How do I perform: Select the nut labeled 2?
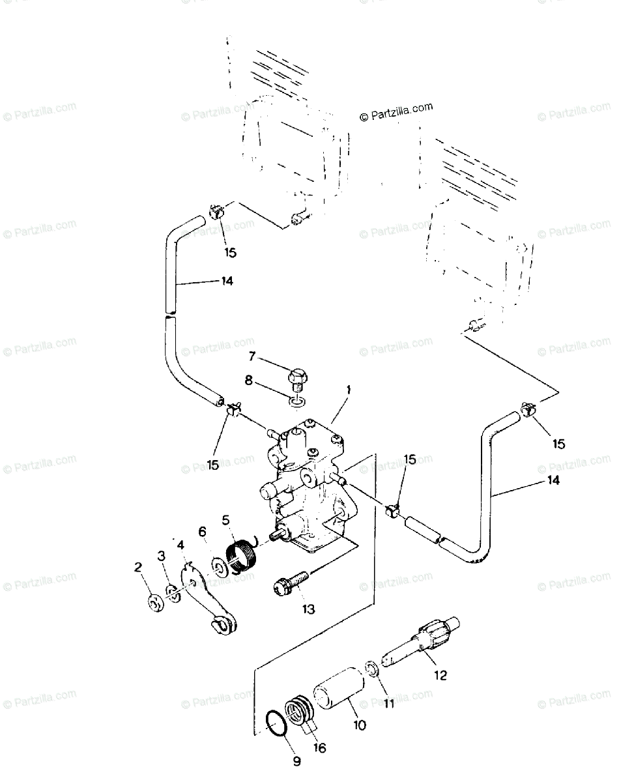tap(155, 603)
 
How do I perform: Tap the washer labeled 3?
tap(173, 594)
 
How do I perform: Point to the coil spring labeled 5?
tap(244, 552)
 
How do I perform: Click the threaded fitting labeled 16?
tap(302, 713)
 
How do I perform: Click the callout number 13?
tap(308, 610)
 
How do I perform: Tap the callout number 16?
tap(319, 748)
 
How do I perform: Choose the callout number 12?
tap(440, 675)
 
